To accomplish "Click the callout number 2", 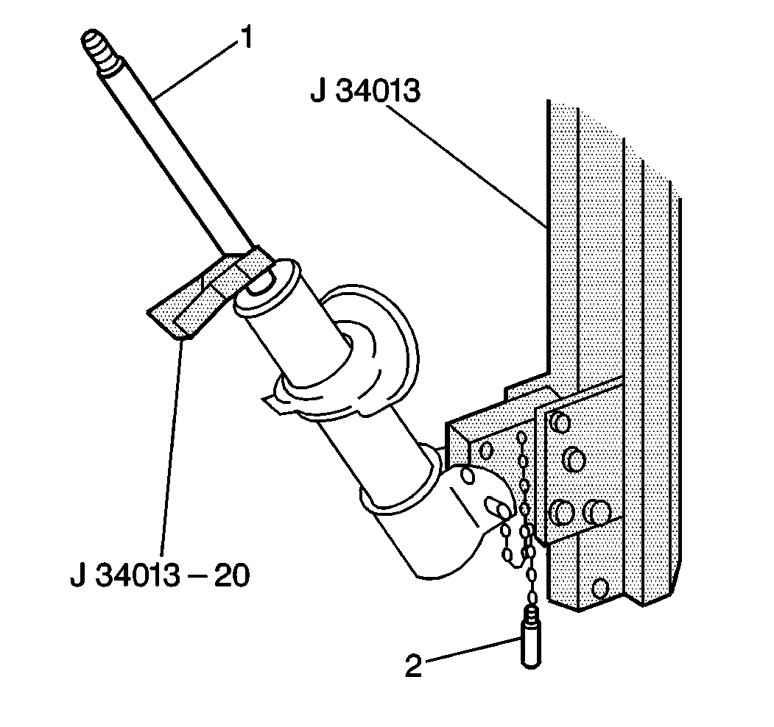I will [x=413, y=667].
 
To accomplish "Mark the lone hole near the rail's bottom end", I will [x=601, y=587].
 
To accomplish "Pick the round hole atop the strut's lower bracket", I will [x=468, y=477].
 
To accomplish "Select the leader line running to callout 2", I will [x=471, y=649].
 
